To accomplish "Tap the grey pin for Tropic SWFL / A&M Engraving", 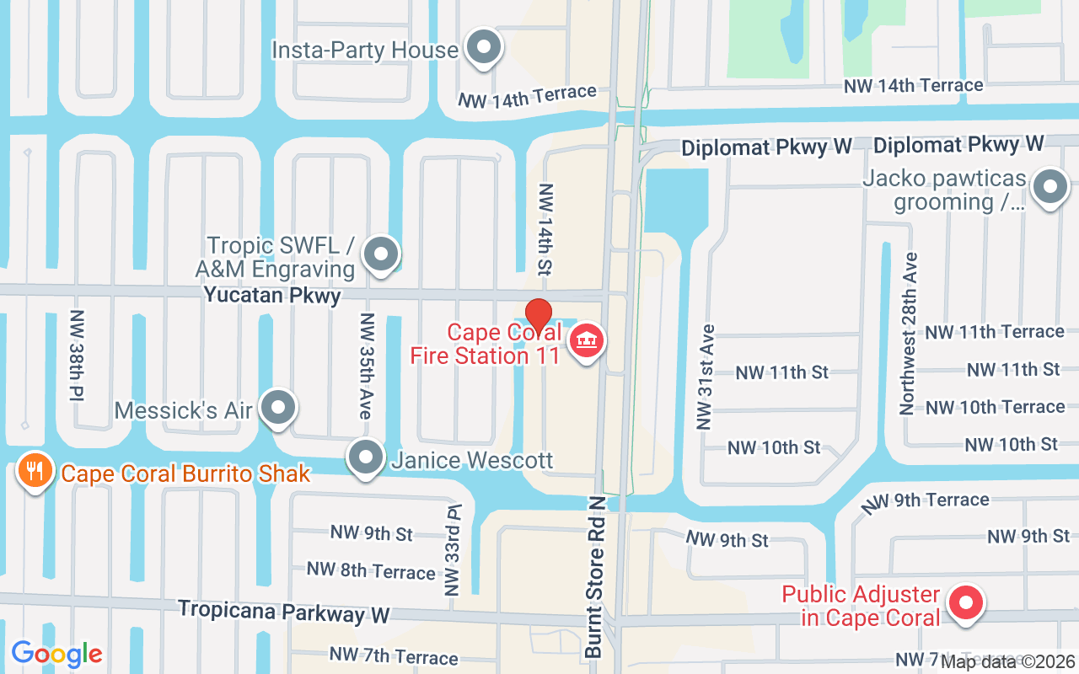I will [x=381, y=253].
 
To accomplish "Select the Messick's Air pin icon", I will [x=277, y=409].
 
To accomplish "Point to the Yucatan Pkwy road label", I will [x=272, y=296].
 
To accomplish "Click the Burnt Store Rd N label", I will [x=595, y=577].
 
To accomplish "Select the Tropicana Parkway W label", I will [x=284, y=612].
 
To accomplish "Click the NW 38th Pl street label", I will [x=78, y=356].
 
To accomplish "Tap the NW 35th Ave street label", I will [x=366, y=366].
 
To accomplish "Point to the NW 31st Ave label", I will [x=706, y=377].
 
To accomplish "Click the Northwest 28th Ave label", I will [x=907, y=334].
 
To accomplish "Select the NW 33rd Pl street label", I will [x=454, y=548].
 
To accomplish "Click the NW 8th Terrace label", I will [x=371, y=570].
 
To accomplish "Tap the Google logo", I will [x=56, y=653].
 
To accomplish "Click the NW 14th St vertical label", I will [x=545, y=229].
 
